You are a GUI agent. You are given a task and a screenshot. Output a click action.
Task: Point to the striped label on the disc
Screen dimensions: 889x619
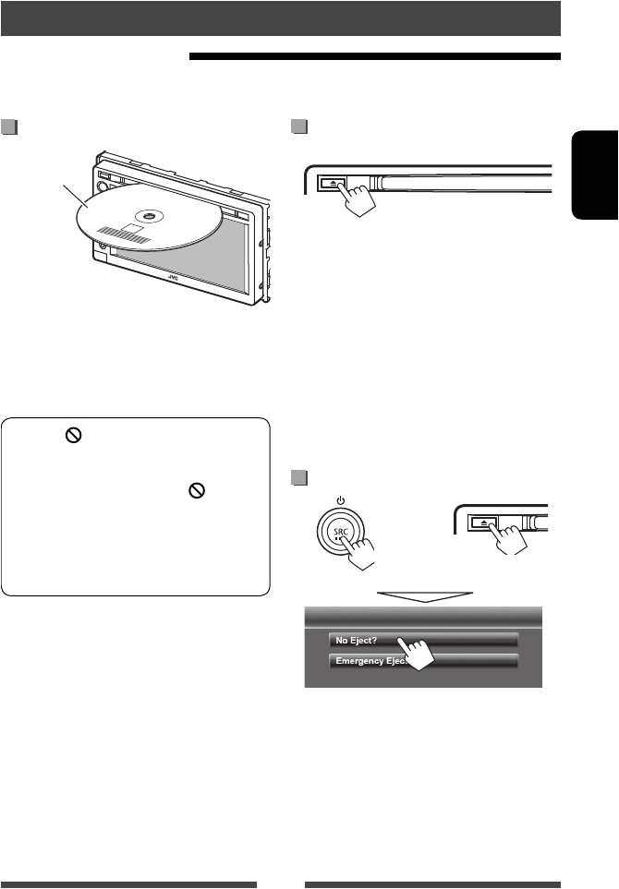click(126, 234)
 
